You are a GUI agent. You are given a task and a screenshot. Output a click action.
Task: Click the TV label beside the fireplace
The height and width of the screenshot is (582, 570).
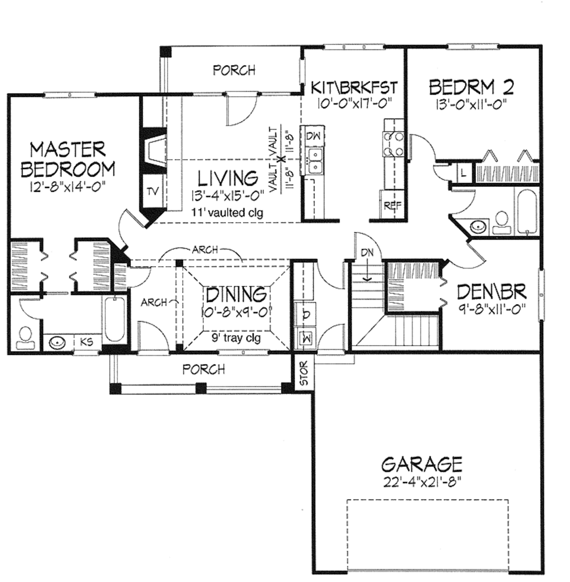click(153, 191)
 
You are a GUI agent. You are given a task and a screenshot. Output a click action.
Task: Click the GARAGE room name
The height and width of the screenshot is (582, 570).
click(422, 463)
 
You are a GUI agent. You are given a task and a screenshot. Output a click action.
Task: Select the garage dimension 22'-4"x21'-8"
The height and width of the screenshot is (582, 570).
click(422, 480)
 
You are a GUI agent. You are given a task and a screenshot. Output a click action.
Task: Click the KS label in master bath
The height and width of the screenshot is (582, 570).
click(86, 342)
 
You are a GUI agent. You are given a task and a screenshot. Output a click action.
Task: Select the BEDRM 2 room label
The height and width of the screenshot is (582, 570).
click(470, 87)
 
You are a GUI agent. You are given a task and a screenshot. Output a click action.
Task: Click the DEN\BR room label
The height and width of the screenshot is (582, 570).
click(490, 291)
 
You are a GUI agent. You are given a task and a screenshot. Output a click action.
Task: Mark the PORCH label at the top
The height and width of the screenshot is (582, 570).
click(234, 71)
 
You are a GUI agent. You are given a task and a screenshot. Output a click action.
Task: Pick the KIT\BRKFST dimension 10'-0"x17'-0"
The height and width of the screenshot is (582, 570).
click(353, 102)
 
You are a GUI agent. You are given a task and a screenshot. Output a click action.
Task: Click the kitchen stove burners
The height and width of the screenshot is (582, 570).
click(392, 143)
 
